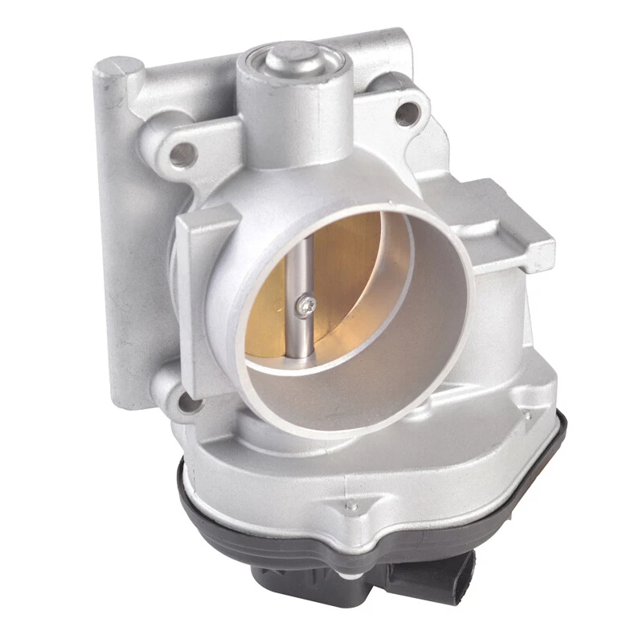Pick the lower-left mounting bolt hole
[187, 399]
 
